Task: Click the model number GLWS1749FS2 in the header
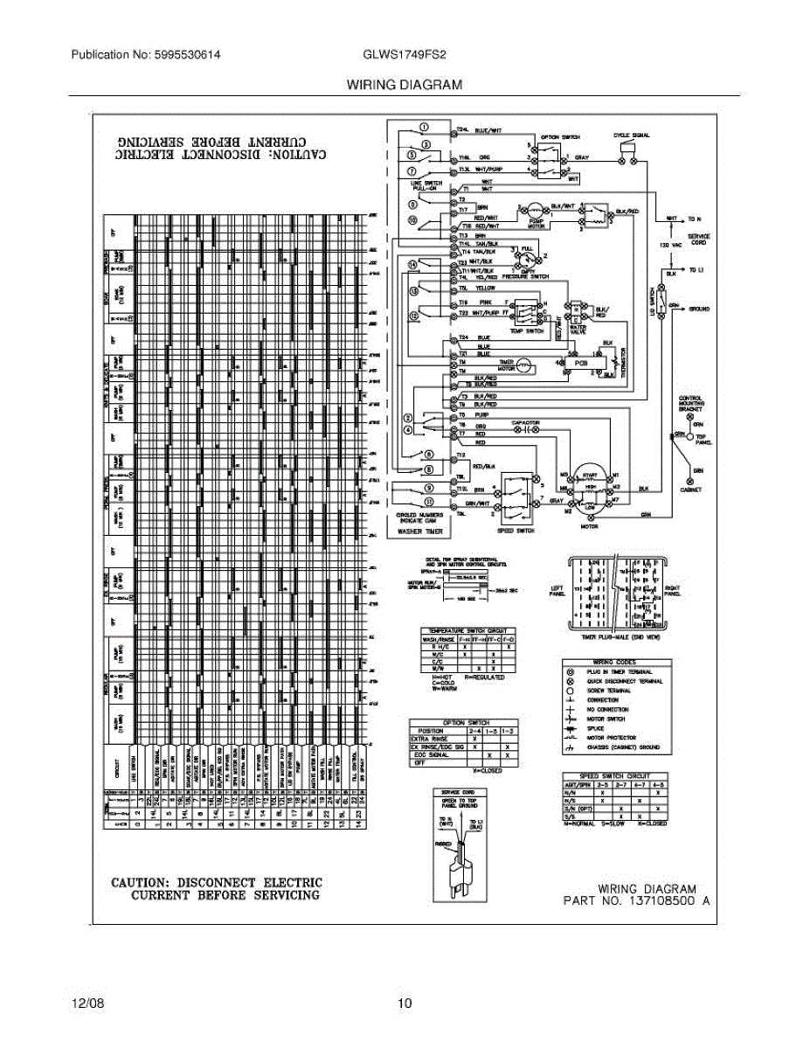[404, 54]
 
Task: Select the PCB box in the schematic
[579, 361]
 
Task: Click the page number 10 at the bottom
[404, 1003]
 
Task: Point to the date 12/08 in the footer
[87, 1003]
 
